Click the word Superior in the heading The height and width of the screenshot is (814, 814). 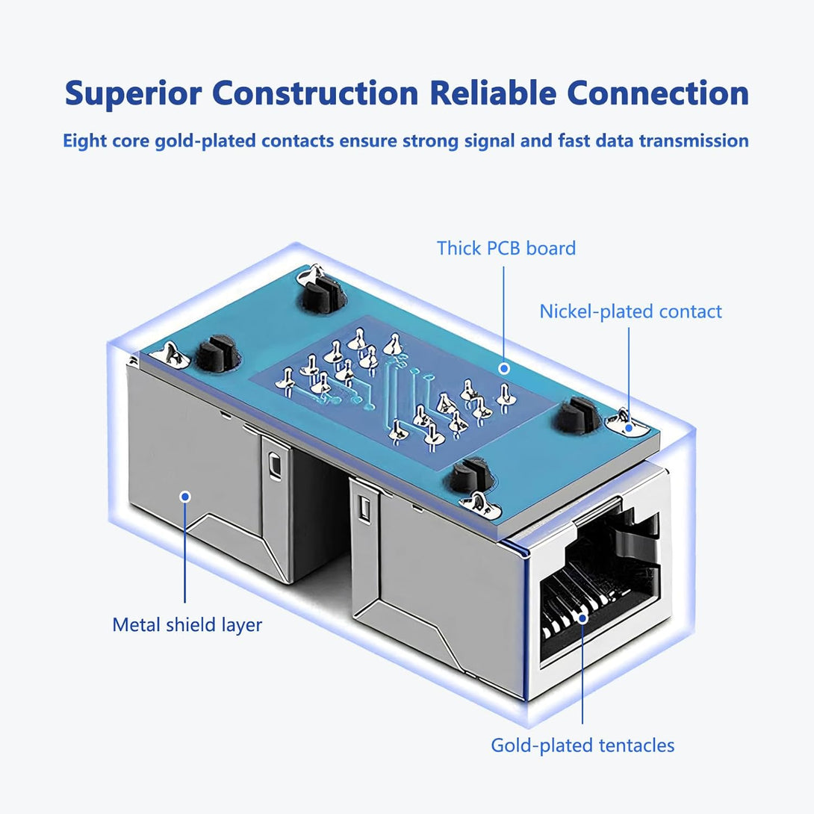[133, 95]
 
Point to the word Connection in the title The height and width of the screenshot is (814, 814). [658, 95]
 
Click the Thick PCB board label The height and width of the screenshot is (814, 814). [506, 248]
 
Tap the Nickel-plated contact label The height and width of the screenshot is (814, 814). [631, 311]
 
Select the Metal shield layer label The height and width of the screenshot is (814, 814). [187, 624]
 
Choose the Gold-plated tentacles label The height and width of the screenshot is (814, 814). [582, 745]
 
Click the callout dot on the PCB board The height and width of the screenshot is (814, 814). [505, 368]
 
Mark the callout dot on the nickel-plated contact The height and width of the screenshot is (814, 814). [629, 428]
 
